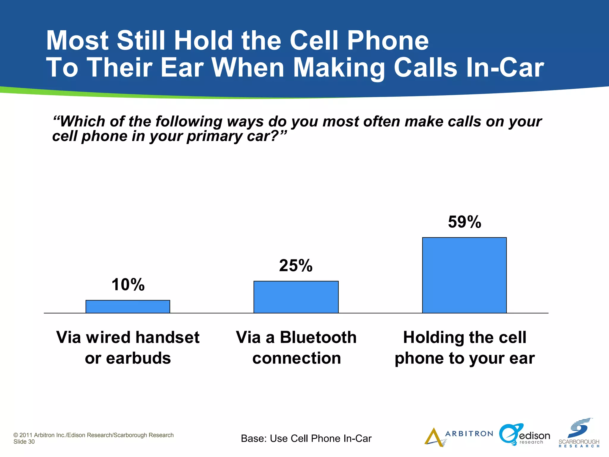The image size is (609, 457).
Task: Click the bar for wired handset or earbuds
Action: (x=128, y=306)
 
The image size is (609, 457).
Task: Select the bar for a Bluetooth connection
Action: (x=296, y=297)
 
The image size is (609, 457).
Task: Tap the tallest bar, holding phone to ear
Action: (x=464, y=275)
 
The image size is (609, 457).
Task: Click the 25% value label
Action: (x=296, y=265)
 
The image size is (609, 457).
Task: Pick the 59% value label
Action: (x=464, y=222)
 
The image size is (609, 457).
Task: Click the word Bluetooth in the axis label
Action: (x=318, y=337)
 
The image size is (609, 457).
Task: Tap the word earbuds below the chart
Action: (x=139, y=358)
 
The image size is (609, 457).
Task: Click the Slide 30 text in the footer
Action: (x=24, y=442)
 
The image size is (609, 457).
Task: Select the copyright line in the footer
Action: (x=94, y=435)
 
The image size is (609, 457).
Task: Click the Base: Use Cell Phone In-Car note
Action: (x=306, y=439)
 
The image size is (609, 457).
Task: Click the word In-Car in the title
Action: (x=505, y=68)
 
